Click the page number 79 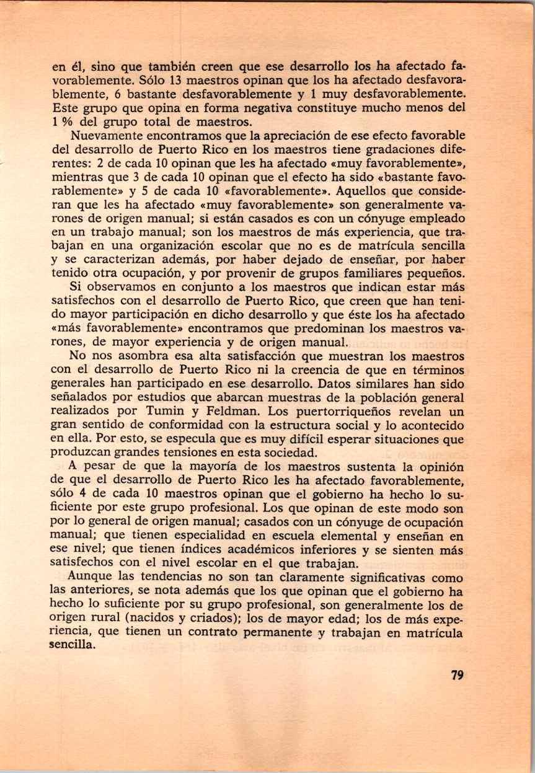pyautogui.click(x=458, y=676)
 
